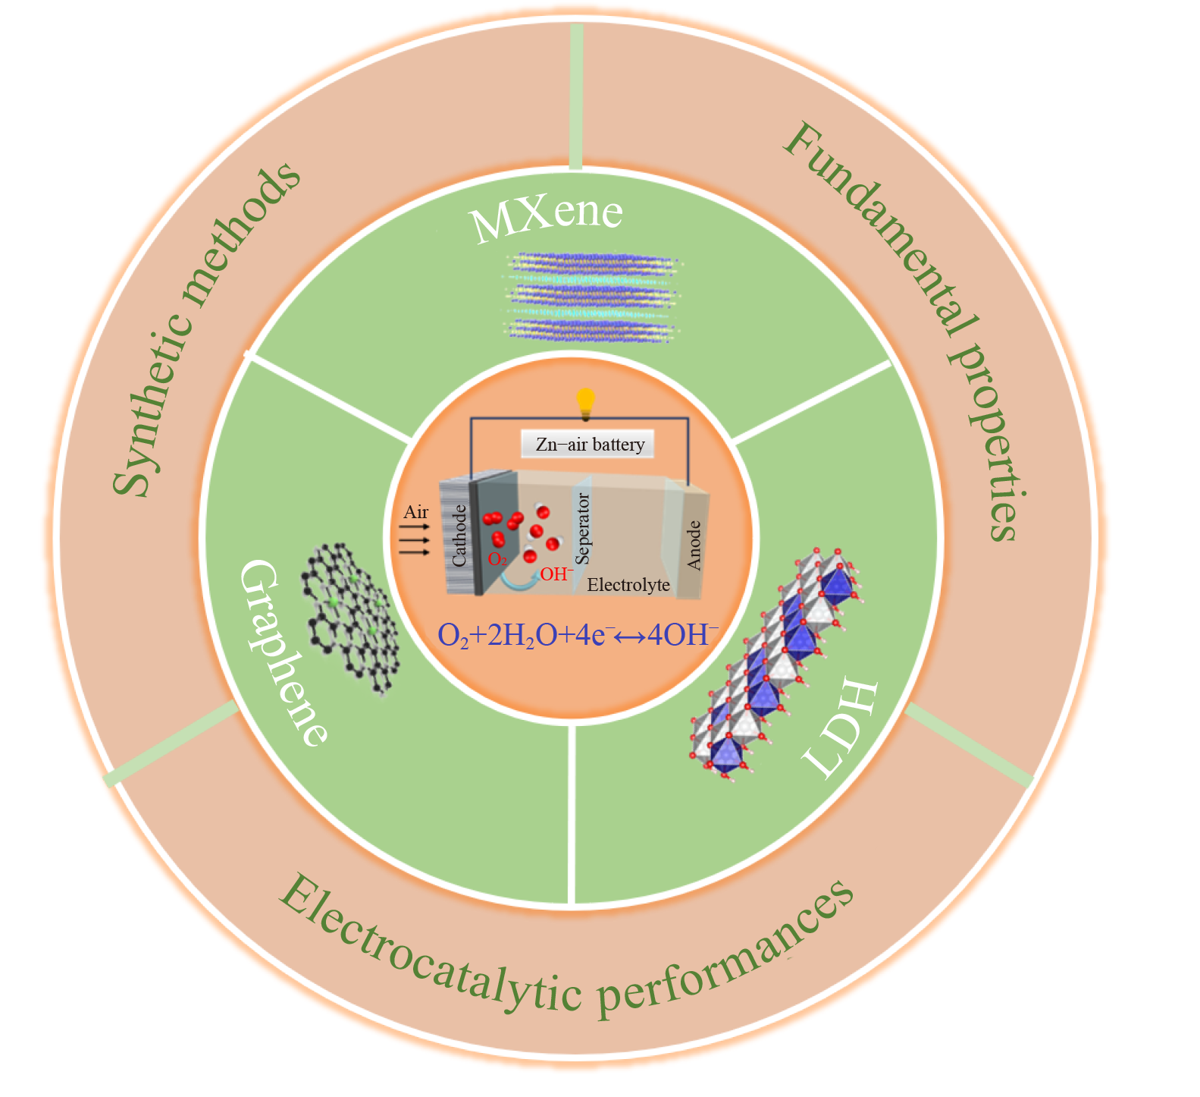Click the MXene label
[x=547, y=217]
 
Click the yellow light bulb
[x=585, y=401]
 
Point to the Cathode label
[x=459, y=536]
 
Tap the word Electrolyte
[x=628, y=585]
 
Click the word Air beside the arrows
[x=416, y=513]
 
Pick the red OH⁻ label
[x=555, y=574]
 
